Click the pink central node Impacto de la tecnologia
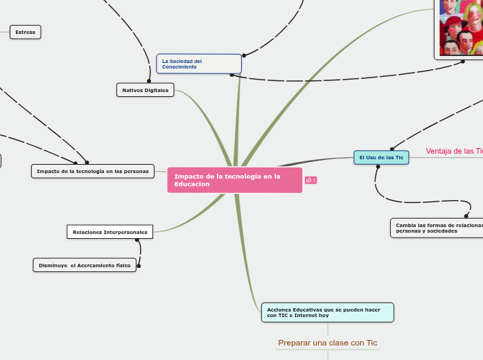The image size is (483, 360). pos(234,180)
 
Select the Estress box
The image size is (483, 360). pos(26,32)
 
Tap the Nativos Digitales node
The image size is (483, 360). pos(146,90)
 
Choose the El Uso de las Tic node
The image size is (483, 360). pos(381,158)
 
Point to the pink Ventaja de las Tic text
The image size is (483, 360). pos(454,151)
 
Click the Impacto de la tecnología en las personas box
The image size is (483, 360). pos(92,171)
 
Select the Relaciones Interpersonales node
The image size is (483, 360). pos(110,232)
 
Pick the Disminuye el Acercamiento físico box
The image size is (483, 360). pos(85,265)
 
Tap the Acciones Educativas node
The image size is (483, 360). pos(327,312)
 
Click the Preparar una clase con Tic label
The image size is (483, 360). pos(327,343)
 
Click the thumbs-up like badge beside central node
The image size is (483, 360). pos(310,181)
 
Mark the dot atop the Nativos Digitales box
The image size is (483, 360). pos(149,81)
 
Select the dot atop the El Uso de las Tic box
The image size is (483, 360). pos(392,148)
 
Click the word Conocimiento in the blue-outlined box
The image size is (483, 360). pos(179,66)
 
